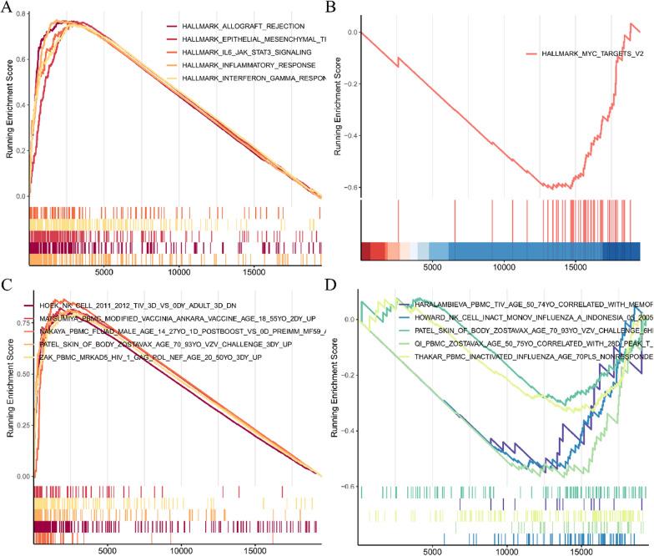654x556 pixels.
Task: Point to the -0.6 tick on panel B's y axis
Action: (348, 187)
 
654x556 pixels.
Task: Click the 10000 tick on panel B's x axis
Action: (503, 270)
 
